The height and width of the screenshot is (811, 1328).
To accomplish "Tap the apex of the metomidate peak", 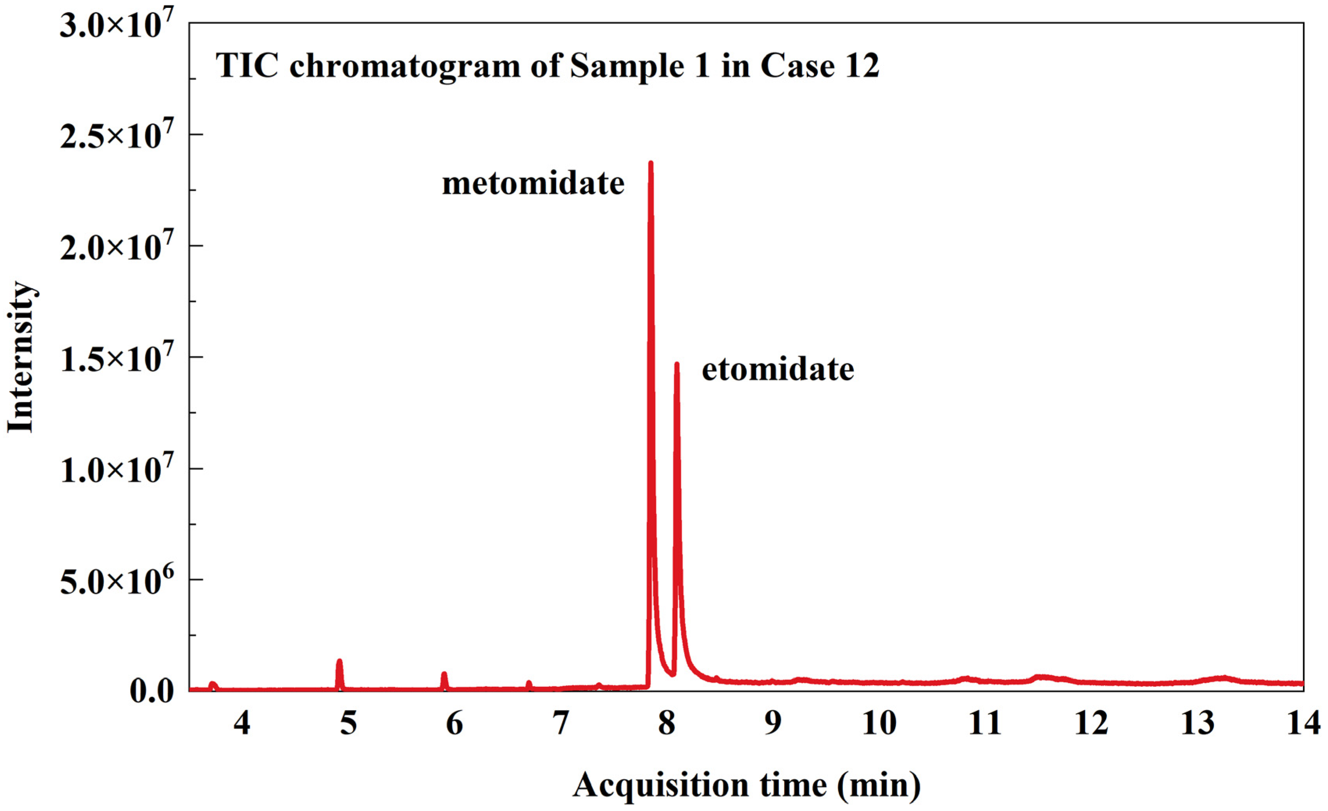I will [651, 163].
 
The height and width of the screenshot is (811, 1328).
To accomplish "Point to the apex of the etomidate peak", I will [677, 364].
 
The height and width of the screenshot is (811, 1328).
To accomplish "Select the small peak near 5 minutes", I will [340, 662].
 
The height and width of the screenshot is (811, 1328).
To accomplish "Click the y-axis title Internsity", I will [20, 357].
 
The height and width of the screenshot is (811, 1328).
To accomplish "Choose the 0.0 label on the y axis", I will [152, 691].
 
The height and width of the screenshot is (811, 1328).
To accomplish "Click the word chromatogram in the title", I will [405, 67].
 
